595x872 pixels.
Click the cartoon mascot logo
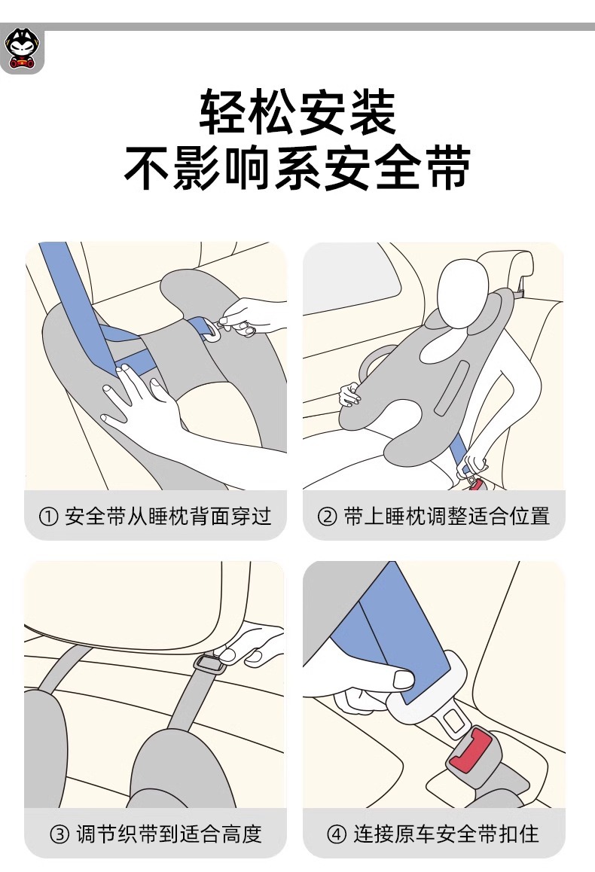point(22,49)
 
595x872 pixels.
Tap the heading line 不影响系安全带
point(297,168)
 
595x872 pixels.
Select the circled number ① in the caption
point(48,517)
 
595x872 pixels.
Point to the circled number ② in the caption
point(327,517)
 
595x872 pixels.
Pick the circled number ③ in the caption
point(59,834)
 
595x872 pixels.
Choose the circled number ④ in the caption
point(337,834)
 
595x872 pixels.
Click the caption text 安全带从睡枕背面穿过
point(168,517)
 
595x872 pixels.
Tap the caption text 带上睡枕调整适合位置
point(447,517)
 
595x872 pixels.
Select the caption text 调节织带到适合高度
point(169,834)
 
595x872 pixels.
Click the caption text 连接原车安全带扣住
point(446,834)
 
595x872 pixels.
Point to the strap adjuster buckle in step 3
point(209,663)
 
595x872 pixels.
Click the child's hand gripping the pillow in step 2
point(349,395)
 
